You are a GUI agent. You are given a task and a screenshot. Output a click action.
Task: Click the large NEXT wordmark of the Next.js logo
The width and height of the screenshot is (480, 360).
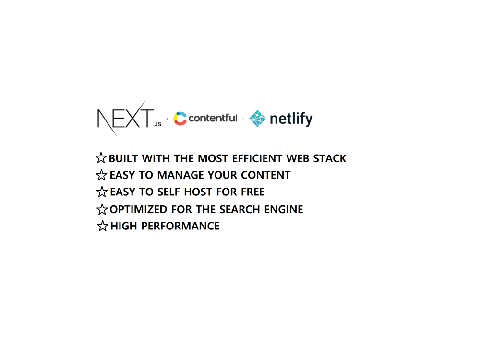(x=125, y=119)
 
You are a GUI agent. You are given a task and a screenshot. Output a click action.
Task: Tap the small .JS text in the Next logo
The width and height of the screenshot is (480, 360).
(x=157, y=124)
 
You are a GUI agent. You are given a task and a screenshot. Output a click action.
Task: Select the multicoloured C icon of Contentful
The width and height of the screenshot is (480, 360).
(x=180, y=119)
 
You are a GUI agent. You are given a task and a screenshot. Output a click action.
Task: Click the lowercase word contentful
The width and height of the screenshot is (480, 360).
(x=213, y=118)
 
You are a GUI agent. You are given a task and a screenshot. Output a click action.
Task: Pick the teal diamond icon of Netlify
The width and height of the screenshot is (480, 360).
(x=257, y=119)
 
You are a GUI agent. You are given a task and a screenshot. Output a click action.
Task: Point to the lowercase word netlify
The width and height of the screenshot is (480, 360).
(x=291, y=119)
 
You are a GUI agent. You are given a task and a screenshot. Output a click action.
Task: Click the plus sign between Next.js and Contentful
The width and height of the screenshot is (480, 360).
(x=167, y=119)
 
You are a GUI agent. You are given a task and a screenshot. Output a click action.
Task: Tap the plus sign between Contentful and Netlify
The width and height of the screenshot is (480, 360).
(x=243, y=119)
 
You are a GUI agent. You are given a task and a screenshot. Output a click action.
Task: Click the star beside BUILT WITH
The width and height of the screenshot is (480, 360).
(x=101, y=158)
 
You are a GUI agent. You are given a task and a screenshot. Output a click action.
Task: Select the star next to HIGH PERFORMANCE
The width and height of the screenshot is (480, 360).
(x=103, y=226)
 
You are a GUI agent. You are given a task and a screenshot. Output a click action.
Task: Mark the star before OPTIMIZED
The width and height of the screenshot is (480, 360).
(x=102, y=209)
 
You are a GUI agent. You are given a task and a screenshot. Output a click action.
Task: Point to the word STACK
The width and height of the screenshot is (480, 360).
(x=330, y=158)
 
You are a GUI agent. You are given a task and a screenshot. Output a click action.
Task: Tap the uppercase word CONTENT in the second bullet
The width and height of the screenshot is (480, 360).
(x=266, y=175)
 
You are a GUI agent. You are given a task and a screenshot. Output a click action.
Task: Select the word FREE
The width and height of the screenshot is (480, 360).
(x=252, y=192)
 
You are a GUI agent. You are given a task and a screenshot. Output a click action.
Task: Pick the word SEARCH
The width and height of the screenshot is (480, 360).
(x=240, y=209)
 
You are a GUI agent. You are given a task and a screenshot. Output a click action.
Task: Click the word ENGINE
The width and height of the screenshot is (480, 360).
(x=284, y=209)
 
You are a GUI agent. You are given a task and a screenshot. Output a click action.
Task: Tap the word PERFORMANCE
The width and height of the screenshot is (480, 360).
(x=180, y=226)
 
